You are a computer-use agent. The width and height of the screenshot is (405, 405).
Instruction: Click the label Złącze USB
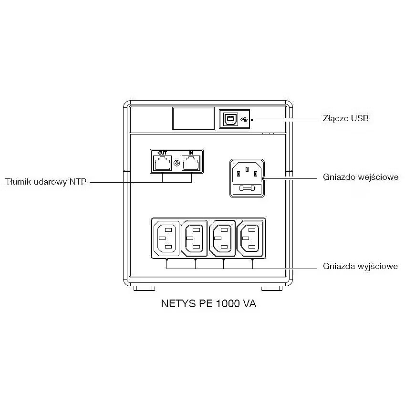click(x=345, y=118)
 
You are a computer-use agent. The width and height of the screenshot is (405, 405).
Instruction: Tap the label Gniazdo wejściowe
click(x=360, y=177)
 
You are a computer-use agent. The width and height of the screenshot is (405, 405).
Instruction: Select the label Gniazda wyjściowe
click(x=360, y=266)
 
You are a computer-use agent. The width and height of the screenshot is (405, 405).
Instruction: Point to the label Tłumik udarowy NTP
click(x=46, y=182)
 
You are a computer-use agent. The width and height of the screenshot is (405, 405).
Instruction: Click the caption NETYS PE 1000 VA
click(x=208, y=304)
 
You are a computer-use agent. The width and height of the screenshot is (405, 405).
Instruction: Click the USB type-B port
click(x=230, y=119)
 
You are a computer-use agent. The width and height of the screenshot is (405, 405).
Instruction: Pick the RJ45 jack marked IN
click(x=191, y=164)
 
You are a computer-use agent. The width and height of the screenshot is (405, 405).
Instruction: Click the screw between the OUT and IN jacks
click(x=177, y=163)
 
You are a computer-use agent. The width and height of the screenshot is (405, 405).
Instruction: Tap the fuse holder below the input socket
click(x=247, y=189)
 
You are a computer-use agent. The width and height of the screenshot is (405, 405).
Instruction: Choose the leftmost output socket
click(x=165, y=238)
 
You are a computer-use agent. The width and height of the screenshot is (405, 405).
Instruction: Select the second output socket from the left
click(x=194, y=238)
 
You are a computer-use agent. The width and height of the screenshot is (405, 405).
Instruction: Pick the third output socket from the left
click(x=223, y=238)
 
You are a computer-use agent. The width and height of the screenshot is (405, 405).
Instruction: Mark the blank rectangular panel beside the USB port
click(x=193, y=118)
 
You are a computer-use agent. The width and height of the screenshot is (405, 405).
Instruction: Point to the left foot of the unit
click(x=144, y=289)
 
